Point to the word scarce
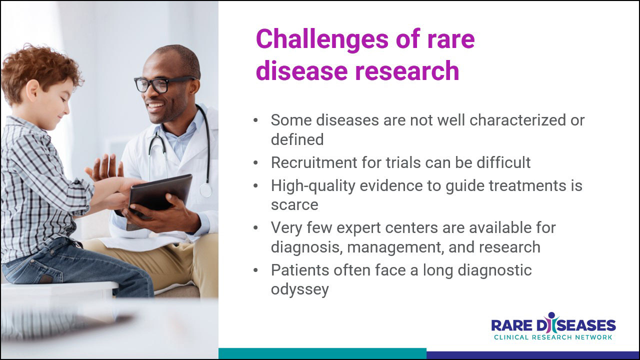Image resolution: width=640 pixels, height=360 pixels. (x=294, y=205)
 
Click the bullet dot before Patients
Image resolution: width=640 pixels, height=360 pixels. (x=255, y=270)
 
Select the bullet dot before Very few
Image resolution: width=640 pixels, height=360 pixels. (x=255, y=227)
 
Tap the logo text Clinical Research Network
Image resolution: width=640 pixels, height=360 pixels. (x=553, y=337)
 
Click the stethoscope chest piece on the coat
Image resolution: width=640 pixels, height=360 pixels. (x=205, y=190)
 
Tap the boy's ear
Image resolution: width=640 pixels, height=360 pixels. (x=32, y=91)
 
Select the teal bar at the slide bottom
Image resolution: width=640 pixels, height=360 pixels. (x=322, y=353)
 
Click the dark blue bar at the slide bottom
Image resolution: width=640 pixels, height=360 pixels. (x=532, y=355)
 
